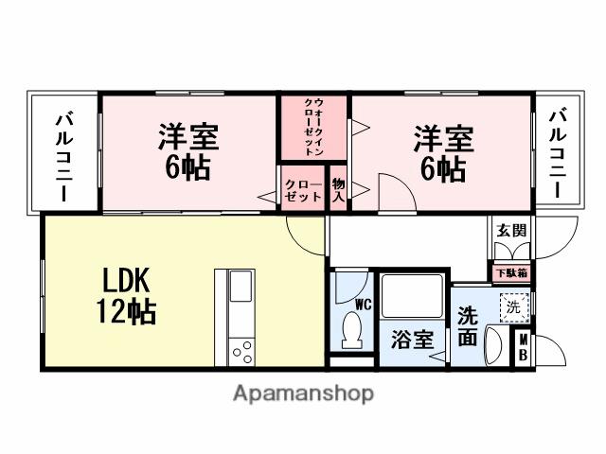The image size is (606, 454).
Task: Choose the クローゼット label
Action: click(x=302, y=191)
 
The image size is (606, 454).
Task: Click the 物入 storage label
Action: click(x=339, y=191)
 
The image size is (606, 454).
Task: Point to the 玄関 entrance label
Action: click(x=512, y=230)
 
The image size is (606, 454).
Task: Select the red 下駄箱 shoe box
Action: click(x=512, y=272)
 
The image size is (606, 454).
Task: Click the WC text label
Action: click(x=363, y=305)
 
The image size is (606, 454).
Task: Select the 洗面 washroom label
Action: click(x=468, y=325)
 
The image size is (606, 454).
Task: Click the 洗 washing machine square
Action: click(x=512, y=307)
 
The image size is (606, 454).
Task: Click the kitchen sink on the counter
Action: click(x=241, y=286)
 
